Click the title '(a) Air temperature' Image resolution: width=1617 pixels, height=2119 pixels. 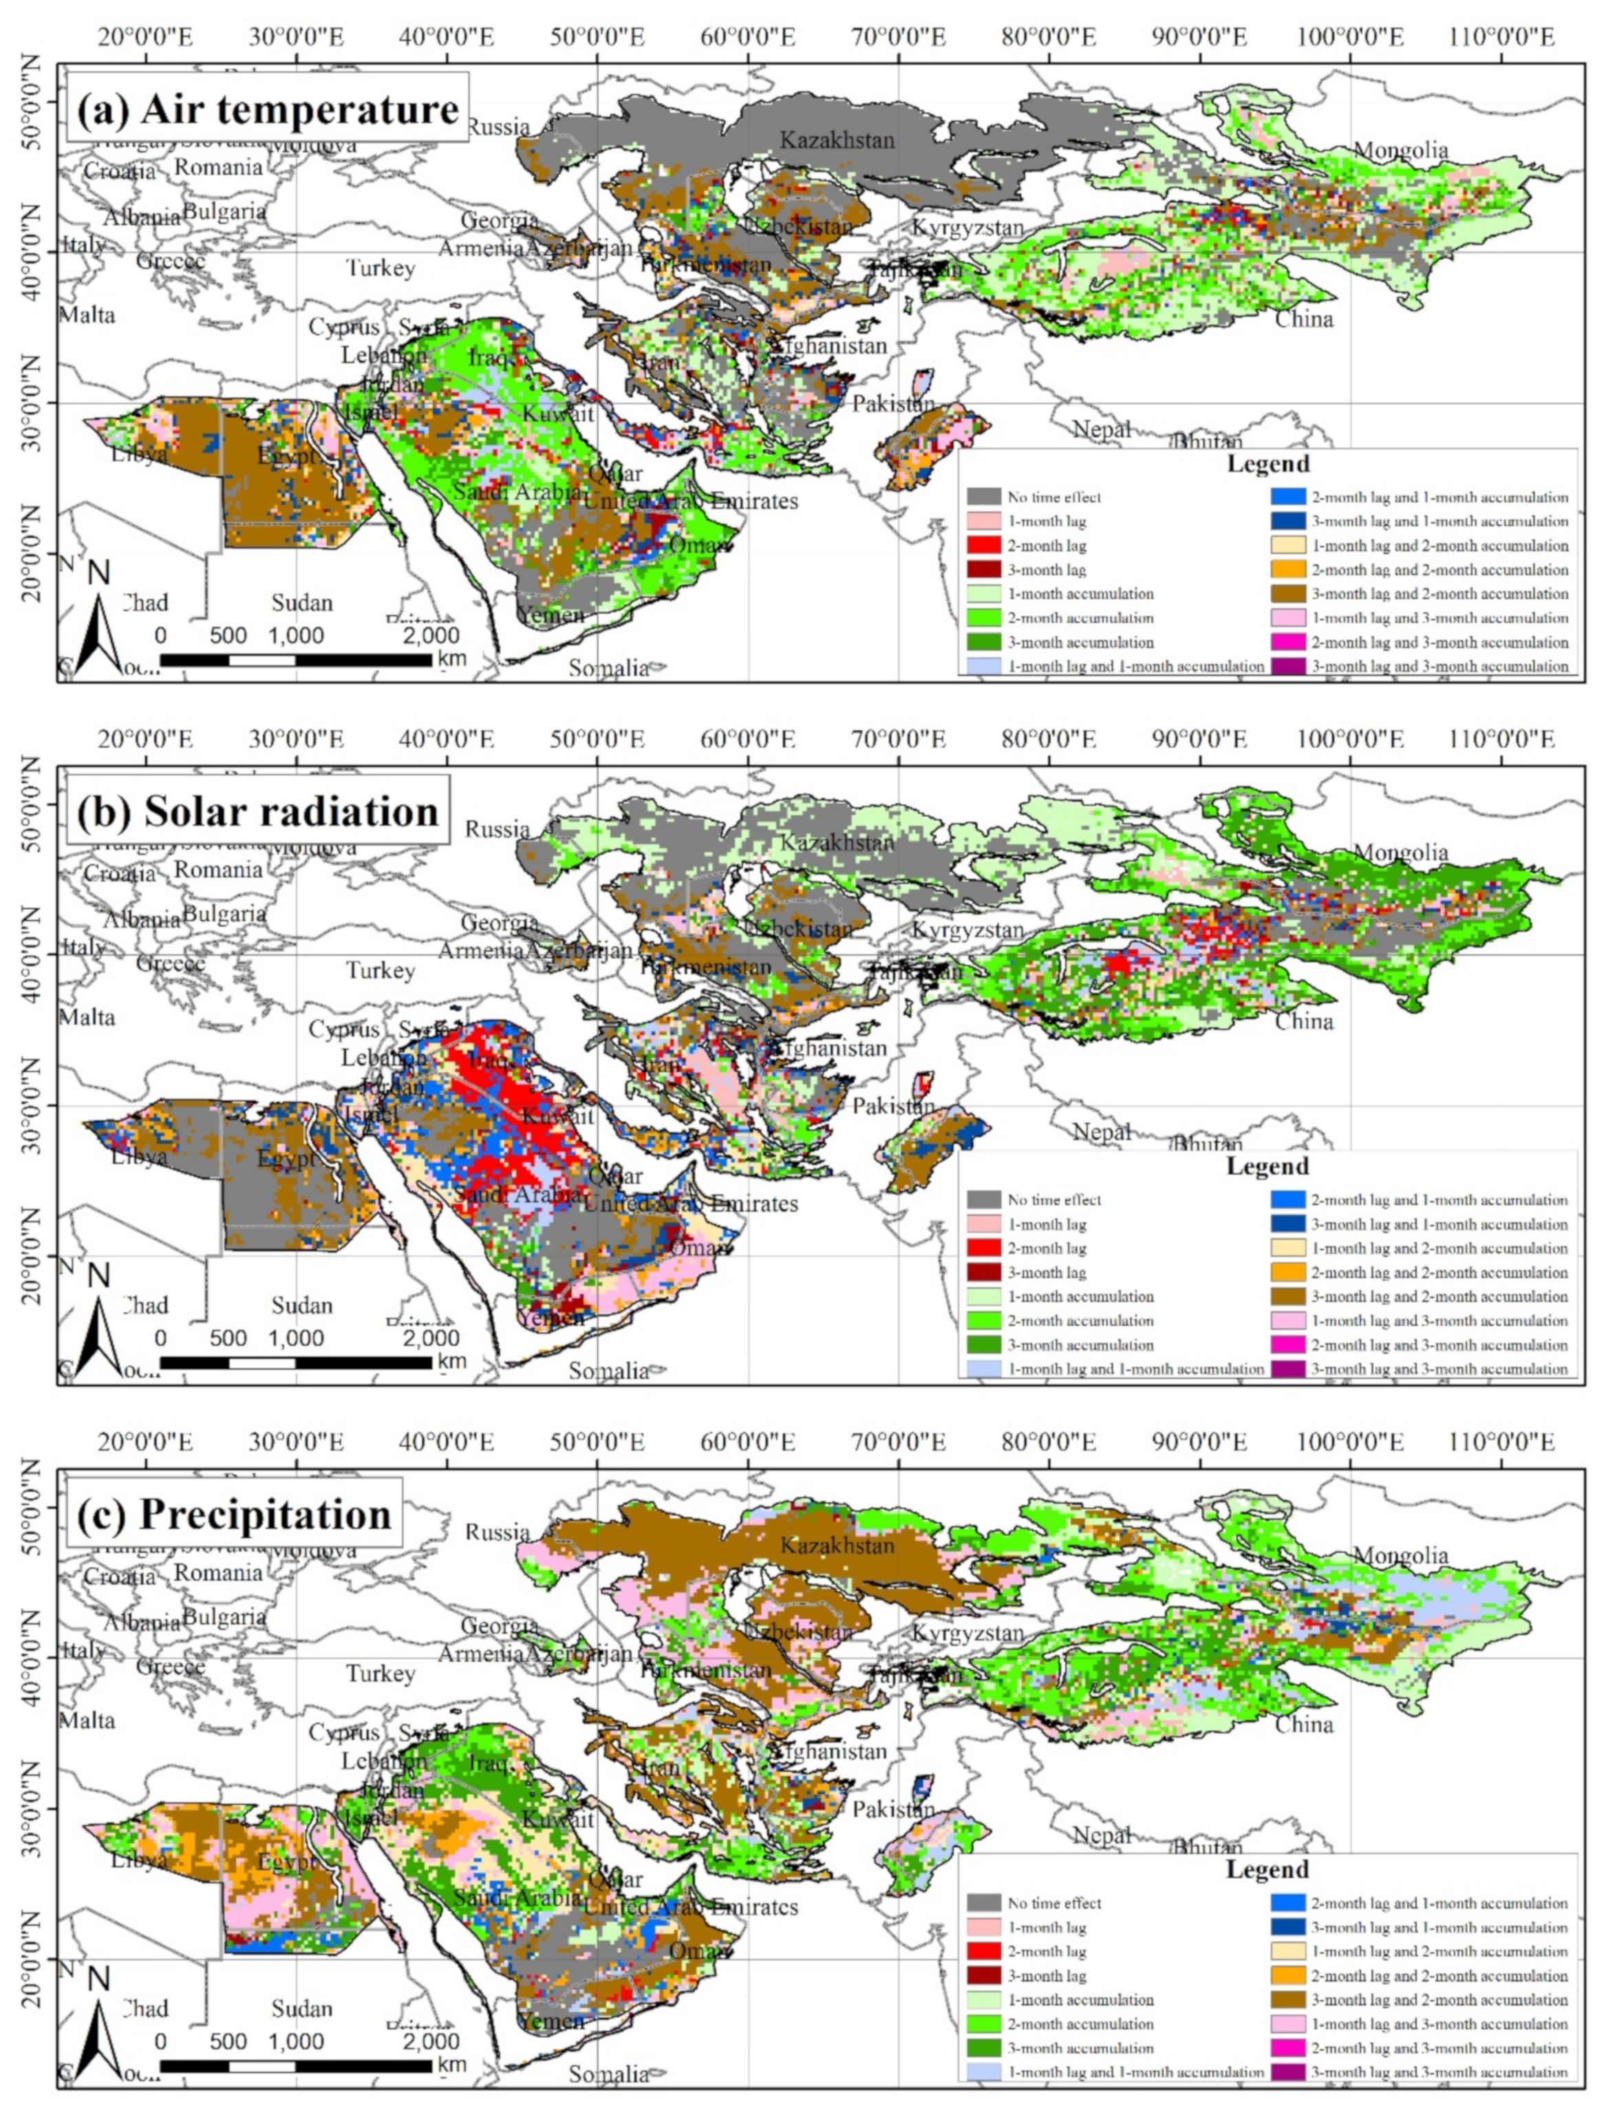pyautogui.click(x=268, y=109)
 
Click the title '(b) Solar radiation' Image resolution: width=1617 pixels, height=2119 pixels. pyautogui.click(x=258, y=811)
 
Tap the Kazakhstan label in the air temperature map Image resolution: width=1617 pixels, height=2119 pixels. pyautogui.click(x=837, y=140)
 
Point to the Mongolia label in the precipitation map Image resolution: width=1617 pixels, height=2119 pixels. pyautogui.click(x=1400, y=1555)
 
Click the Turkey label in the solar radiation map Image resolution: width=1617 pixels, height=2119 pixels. pyautogui.click(x=381, y=970)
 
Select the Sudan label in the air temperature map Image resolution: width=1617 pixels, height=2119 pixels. pyautogui.click(x=301, y=603)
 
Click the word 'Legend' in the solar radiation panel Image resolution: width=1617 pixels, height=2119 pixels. pyautogui.click(x=1267, y=1166)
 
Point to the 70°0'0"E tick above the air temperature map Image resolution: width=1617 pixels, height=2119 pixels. pyautogui.click(x=897, y=36)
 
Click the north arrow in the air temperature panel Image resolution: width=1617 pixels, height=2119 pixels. pyautogui.click(x=99, y=621)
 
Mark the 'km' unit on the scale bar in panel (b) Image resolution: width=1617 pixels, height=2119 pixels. pyautogui.click(x=451, y=1361)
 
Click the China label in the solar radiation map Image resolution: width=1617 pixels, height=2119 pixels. pyautogui.click(x=1303, y=1021)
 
